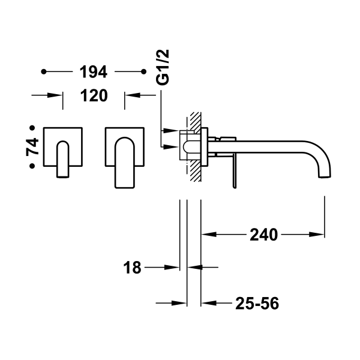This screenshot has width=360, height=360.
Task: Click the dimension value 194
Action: coord(93,73)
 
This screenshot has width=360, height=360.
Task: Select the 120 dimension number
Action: coord(93,95)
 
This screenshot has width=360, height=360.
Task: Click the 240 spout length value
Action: coord(264,234)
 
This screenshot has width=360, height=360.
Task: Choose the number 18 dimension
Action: coord(133,268)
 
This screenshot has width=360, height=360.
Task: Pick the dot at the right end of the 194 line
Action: coord(143,73)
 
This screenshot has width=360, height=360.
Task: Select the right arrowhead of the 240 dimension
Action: coord(320,234)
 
